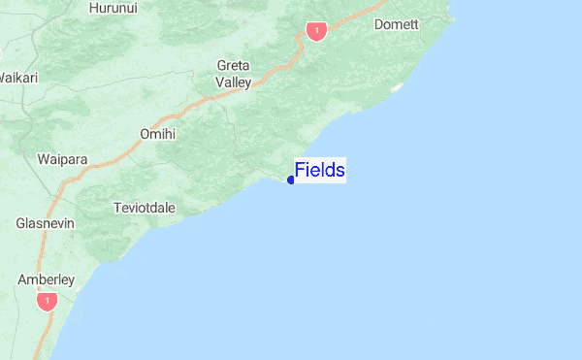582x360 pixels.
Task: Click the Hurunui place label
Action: [x=113, y=8]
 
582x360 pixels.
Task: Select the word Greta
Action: [x=233, y=66]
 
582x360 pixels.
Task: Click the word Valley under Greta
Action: [x=233, y=82]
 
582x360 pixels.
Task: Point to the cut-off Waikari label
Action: [x=17, y=77]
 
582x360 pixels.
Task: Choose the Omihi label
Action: [x=157, y=134]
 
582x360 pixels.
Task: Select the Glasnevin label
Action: [x=45, y=223]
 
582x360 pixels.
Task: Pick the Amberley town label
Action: [x=46, y=279]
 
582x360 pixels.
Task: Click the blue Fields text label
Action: [x=320, y=171]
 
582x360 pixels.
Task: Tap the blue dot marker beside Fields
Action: [x=291, y=180]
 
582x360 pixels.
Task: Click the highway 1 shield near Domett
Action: [x=315, y=32]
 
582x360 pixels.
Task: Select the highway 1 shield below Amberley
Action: [x=46, y=302]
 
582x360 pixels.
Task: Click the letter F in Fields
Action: [x=301, y=171]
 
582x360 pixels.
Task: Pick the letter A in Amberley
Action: [x=22, y=279]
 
